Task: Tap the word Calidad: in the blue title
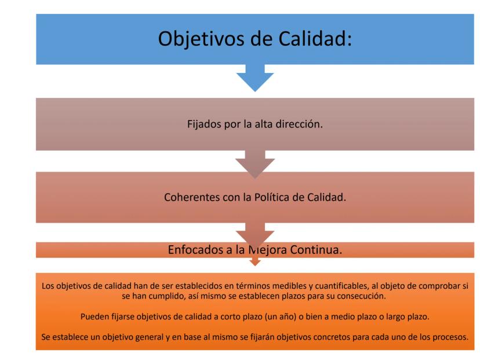tap(315, 39)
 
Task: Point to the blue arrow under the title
tap(255, 78)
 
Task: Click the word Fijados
tap(204, 125)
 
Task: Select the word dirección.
tap(299, 124)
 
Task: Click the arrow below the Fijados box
tap(255, 164)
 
